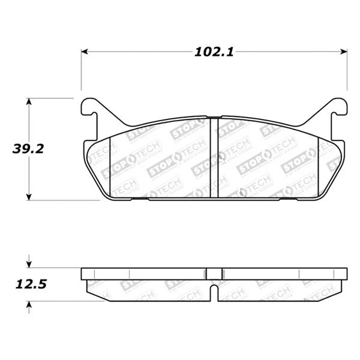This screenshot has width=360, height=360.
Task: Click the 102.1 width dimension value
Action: [x=214, y=52]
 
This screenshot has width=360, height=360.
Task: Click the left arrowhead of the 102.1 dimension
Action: [x=85, y=52]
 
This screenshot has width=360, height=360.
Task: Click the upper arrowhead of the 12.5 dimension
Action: [x=28, y=264]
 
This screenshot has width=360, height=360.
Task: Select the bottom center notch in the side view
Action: [x=214, y=295]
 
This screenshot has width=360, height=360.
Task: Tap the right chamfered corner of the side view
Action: [x=339, y=290]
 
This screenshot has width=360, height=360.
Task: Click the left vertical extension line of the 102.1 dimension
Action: [x=82, y=72]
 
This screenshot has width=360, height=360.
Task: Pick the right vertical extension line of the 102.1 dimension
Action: [x=347, y=72]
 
